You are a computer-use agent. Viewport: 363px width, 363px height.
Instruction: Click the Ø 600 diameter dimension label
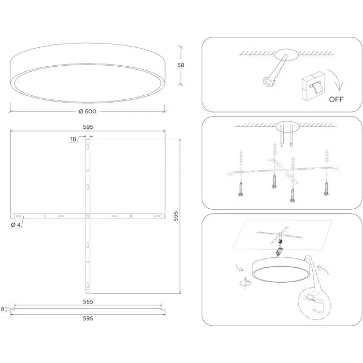click(88, 112)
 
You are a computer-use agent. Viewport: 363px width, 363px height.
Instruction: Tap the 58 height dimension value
click(181, 65)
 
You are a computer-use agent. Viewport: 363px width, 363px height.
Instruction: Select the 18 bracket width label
click(73, 139)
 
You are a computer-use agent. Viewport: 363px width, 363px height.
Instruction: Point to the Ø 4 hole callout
click(16, 225)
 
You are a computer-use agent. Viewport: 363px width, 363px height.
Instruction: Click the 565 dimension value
click(88, 302)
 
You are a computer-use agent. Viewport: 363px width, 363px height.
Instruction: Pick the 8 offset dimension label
click(3, 309)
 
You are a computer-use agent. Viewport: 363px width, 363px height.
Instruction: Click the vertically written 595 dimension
click(176, 216)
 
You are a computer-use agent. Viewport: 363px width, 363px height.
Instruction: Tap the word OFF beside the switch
click(336, 99)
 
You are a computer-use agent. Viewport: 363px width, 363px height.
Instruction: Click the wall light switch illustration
click(313, 86)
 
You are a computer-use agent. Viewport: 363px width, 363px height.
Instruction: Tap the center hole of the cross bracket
click(88, 216)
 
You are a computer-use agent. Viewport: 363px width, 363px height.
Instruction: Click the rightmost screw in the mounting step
click(326, 188)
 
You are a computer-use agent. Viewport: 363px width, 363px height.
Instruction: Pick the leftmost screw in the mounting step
click(241, 189)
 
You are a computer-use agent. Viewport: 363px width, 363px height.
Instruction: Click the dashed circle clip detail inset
click(315, 304)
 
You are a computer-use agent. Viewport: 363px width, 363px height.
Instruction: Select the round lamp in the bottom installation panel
click(280, 270)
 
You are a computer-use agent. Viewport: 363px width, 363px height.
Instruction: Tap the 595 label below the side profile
click(88, 319)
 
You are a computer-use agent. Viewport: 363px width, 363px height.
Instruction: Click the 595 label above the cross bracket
click(88, 127)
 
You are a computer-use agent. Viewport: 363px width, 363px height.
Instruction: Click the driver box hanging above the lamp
click(280, 251)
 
